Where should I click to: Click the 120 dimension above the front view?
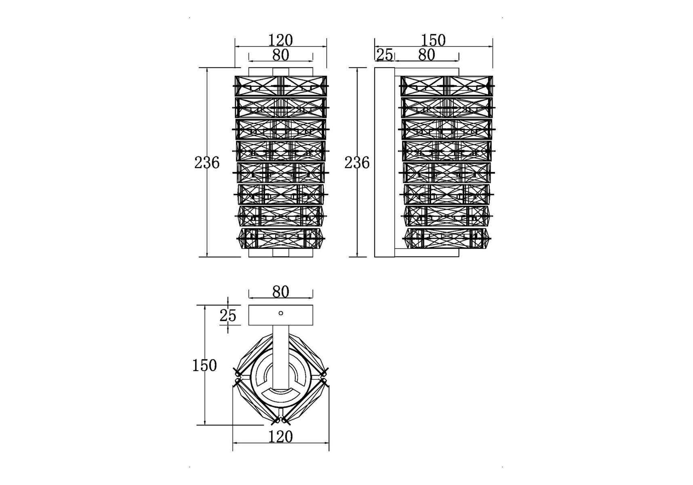point(280,40)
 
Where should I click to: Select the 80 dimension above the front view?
point(280,55)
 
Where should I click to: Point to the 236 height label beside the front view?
point(207,162)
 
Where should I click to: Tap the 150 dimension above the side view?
point(433,40)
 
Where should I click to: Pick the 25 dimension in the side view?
point(385,55)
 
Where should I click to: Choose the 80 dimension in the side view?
point(426,55)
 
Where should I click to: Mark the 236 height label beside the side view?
point(357,162)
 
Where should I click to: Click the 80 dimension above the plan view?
point(280,291)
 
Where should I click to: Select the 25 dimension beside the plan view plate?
point(228,315)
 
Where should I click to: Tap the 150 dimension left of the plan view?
point(204,365)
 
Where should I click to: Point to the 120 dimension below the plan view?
point(280,436)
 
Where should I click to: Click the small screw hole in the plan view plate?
point(281,313)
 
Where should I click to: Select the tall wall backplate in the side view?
point(384,162)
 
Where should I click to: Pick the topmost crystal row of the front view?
point(281,86)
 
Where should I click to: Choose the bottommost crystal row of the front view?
point(281,238)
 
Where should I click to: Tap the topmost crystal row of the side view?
point(447,86)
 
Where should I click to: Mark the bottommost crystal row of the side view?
point(447,238)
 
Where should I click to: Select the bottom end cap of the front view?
point(281,253)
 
